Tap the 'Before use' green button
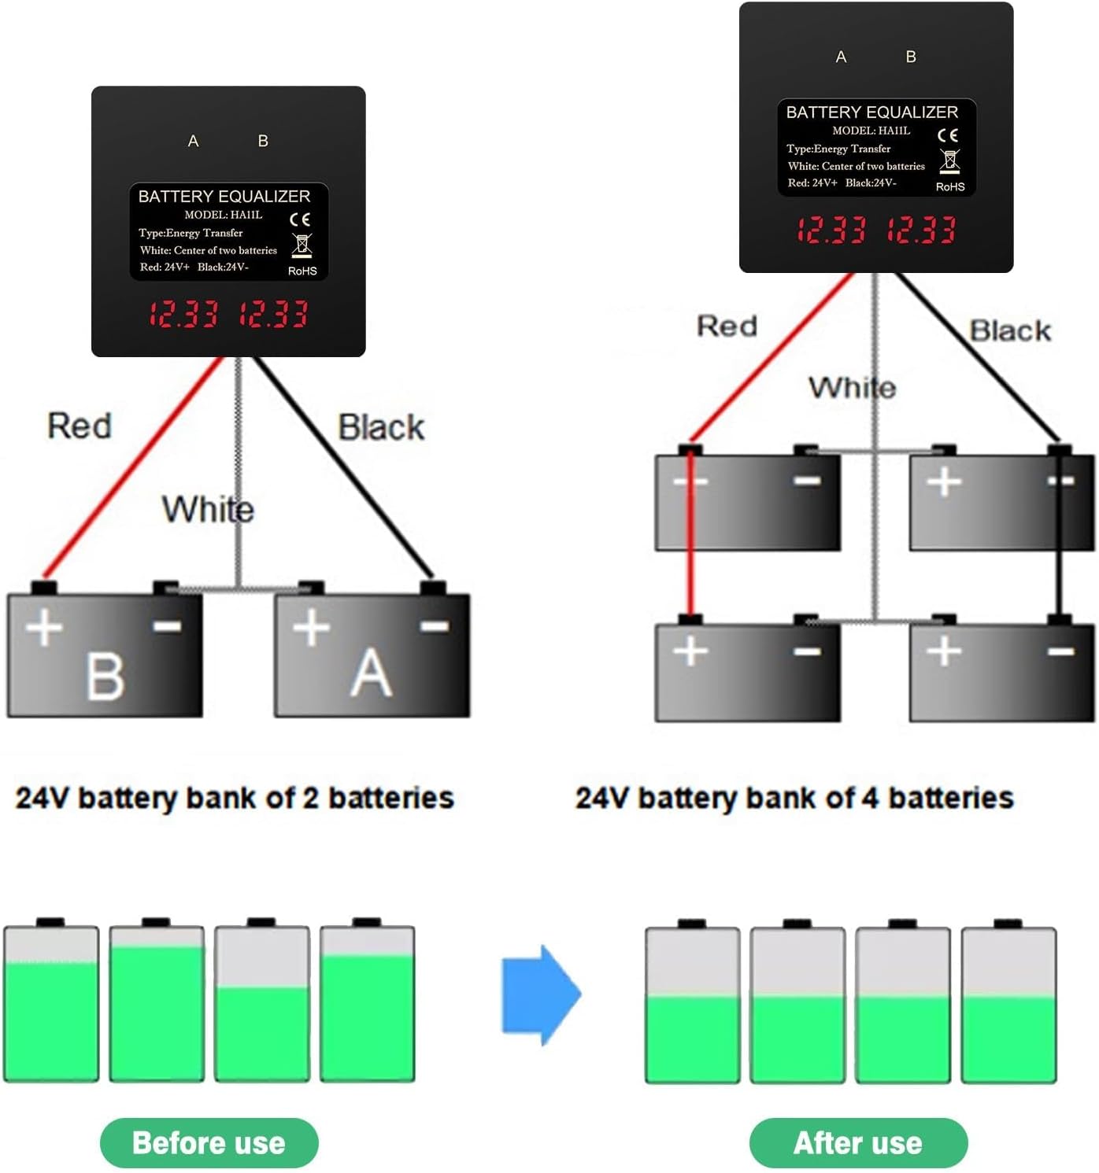(x=209, y=1142)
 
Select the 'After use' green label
(x=858, y=1142)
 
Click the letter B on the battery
(x=105, y=677)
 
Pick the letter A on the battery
(x=371, y=675)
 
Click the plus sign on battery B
(x=44, y=628)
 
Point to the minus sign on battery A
(x=435, y=626)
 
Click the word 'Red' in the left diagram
(x=80, y=426)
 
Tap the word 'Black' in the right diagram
(x=1010, y=330)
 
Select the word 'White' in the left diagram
(x=208, y=509)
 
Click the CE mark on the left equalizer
(x=300, y=219)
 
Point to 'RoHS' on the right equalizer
(x=950, y=187)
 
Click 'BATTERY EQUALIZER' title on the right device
(x=872, y=112)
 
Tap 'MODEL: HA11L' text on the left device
(x=224, y=215)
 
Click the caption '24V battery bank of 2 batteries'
(x=235, y=798)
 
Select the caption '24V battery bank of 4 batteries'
(x=794, y=798)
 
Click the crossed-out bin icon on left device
(x=302, y=245)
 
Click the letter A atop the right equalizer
(x=841, y=57)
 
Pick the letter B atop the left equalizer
(x=263, y=141)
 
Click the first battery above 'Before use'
(x=51, y=1001)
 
